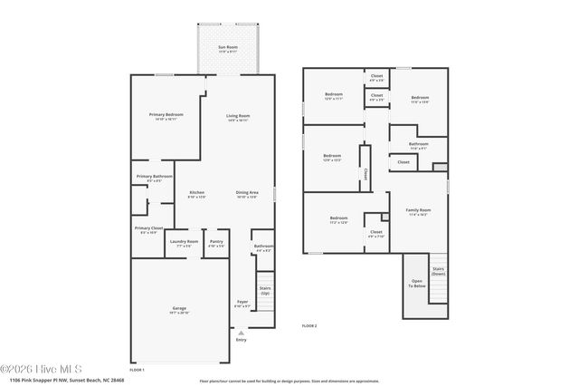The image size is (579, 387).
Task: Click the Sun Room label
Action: (x=228, y=46)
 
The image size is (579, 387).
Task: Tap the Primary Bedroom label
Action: (x=166, y=115)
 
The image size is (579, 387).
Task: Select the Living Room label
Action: (x=238, y=115)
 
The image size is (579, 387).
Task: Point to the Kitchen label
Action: (x=196, y=192)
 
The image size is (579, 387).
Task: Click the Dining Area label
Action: (x=247, y=192)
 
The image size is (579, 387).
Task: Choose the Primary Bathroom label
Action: (x=155, y=176)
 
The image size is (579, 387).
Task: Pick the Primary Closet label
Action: (x=149, y=228)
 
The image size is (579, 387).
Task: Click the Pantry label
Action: (x=216, y=242)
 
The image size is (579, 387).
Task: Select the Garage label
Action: (x=179, y=308)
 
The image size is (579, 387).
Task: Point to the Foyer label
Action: (x=242, y=302)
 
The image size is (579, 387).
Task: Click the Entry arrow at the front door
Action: (x=241, y=334)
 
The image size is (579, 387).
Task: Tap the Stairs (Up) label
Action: (x=265, y=290)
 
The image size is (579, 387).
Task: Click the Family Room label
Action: (x=418, y=211)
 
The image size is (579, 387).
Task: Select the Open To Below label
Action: (x=416, y=283)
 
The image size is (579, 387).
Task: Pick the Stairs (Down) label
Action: (x=438, y=270)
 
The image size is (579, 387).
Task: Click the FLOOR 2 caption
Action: (x=309, y=324)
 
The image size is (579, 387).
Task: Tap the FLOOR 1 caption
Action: (x=137, y=369)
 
